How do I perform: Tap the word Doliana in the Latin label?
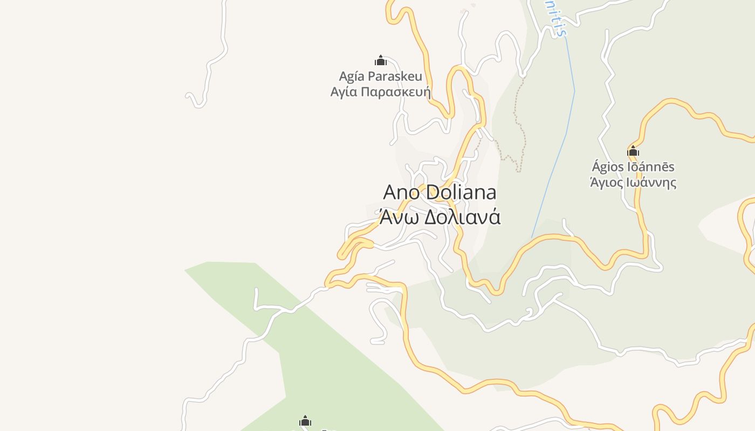(461, 192)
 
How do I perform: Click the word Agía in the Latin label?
(352, 76)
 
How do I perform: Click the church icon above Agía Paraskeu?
(381, 60)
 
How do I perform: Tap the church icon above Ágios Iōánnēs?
(633, 151)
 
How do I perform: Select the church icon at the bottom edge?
(305, 421)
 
